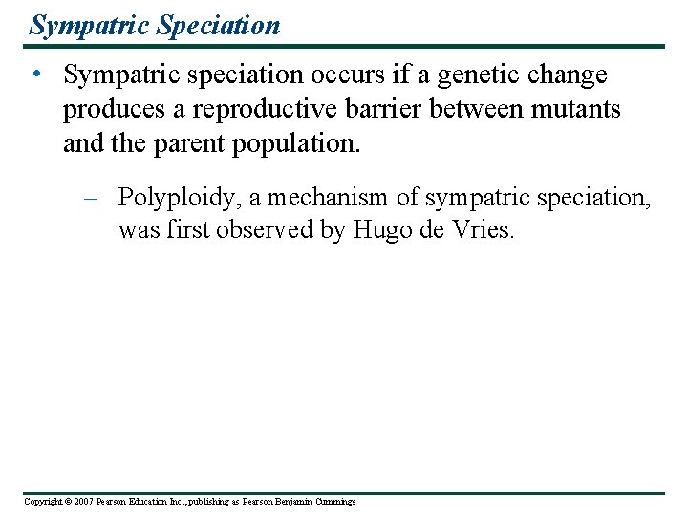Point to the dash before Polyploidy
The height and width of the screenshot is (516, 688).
point(92,198)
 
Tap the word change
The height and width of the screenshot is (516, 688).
point(570,75)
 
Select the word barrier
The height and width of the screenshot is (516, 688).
point(379,109)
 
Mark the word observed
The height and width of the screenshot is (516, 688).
point(260,231)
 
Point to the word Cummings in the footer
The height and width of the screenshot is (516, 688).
point(331,502)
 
